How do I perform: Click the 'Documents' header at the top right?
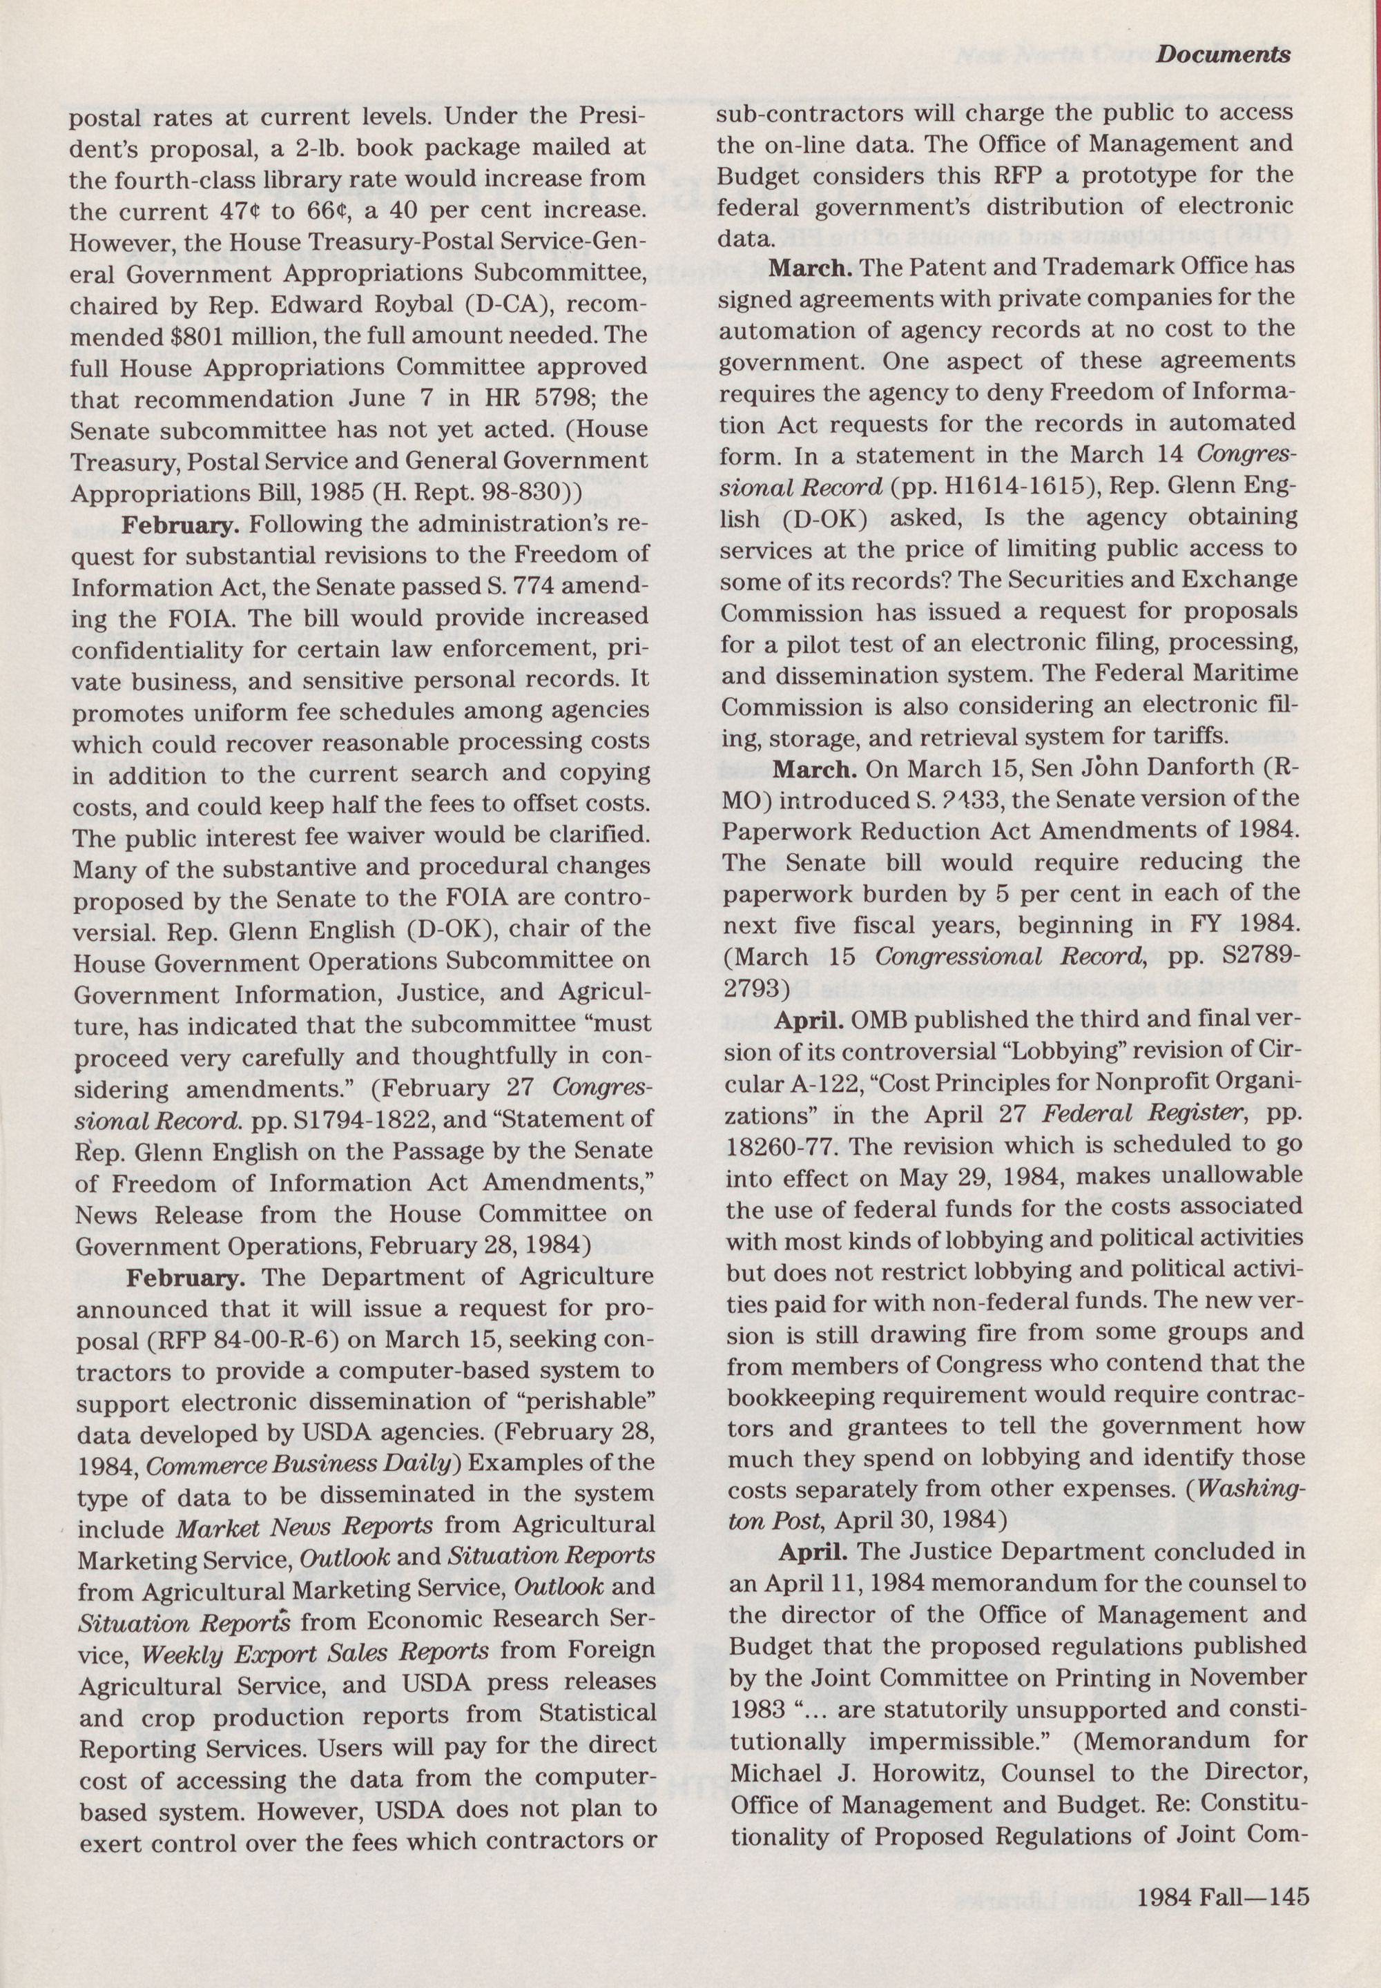(1223, 54)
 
